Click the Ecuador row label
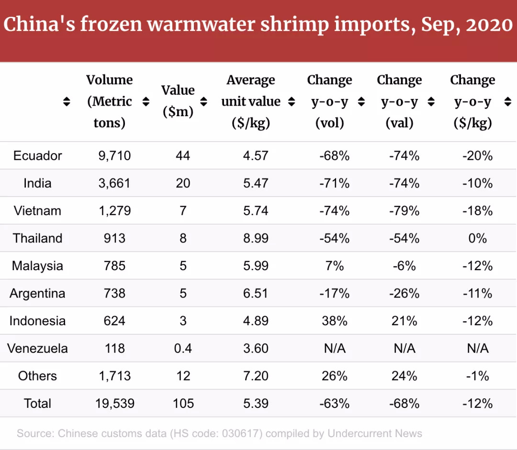pyautogui.click(x=37, y=156)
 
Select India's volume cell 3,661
pyautogui.click(x=114, y=183)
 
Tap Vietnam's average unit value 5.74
pyautogui.click(x=256, y=211)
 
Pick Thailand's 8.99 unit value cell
pyautogui.click(x=256, y=238)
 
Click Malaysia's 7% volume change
pyautogui.click(x=334, y=266)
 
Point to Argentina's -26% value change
pyautogui.click(x=405, y=293)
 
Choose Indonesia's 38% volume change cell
pyautogui.click(x=334, y=321)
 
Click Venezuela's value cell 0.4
pyautogui.click(x=183, y=348)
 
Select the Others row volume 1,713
pyautogui.click(x=114, y=376)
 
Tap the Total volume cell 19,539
pyautogui.click(x=114, y=403)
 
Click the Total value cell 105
pyautogui.click(x=183, y=403)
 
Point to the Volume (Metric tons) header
pyautogui.click(x=110, y=101)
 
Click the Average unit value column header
pyautogui.click(x=251, y=101)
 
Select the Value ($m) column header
pyautogui.click(x=178, y=101)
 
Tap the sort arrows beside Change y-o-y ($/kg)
pyautogui.click(x=508, y=101)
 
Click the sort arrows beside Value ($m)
pyautogui.click(x=204, y=101)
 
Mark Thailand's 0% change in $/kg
pyautogui.click(x=478, y=238)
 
